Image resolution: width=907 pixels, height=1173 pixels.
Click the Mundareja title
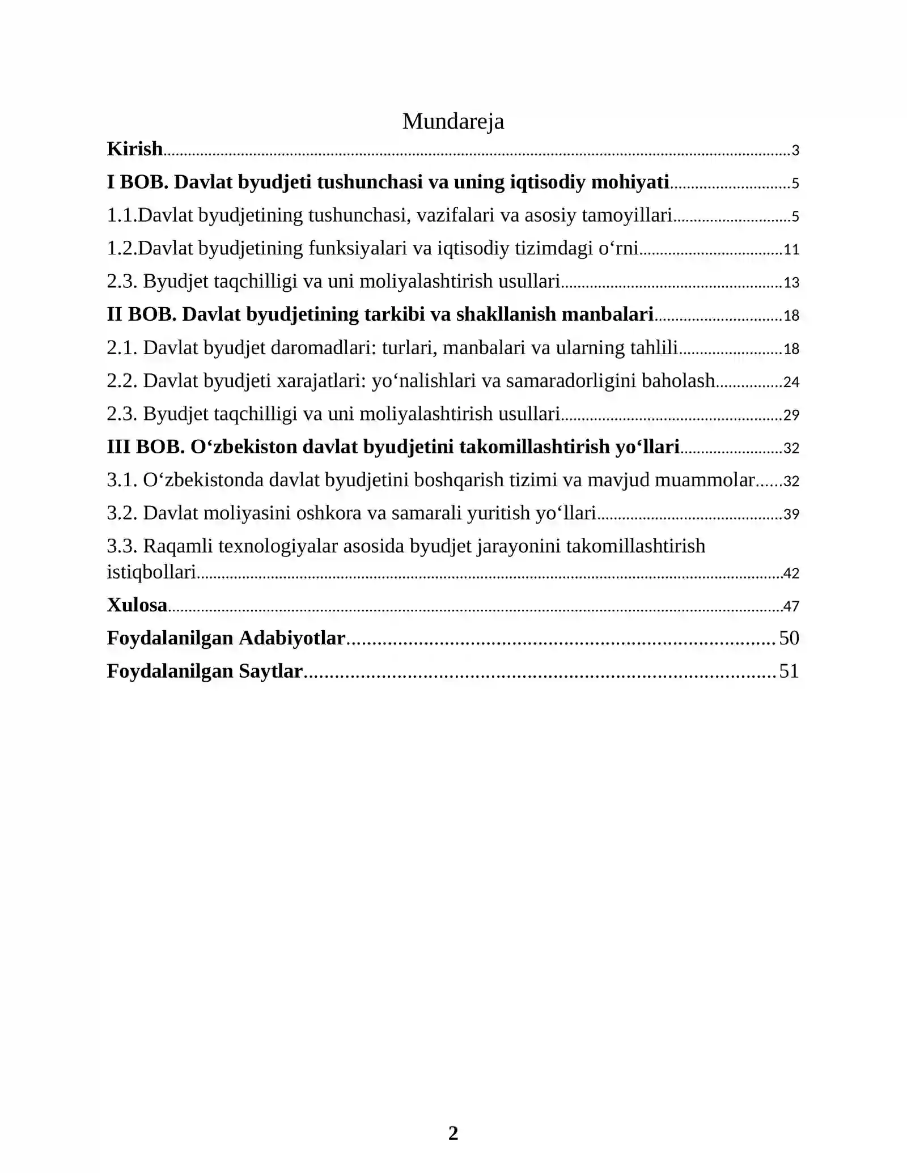(453, 121)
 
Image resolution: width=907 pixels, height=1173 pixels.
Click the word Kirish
(135, 149)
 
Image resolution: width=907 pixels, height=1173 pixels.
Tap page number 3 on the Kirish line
(795, 151)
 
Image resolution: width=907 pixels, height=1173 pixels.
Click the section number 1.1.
(122, 215)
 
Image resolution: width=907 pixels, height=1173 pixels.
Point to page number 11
(791, 250)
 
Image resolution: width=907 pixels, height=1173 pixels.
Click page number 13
(791, 283)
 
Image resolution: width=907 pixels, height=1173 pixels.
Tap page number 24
(791, 382)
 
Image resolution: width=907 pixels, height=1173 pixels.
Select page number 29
(791, 415)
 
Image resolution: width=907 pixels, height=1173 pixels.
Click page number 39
(791, 515)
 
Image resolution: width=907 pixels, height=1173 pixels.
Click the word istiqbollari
(151, 572)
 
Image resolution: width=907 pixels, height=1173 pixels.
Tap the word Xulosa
(137, 605)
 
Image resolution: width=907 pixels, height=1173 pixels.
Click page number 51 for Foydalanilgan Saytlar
(789, 671)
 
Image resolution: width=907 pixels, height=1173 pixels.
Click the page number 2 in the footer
(453, 1133)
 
